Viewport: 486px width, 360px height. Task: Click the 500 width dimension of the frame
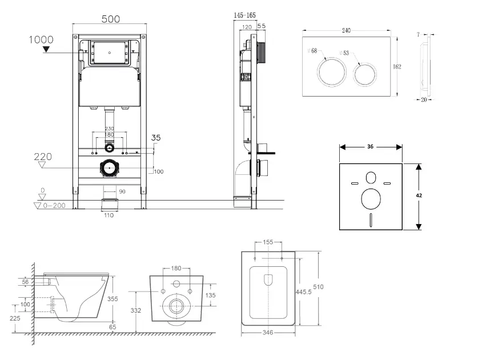(111, 19)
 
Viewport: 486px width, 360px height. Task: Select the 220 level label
(43, 155)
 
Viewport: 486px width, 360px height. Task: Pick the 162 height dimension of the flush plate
(397, 66)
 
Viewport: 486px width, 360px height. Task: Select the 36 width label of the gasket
(370, 147)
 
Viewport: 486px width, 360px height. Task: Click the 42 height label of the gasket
(420, 195)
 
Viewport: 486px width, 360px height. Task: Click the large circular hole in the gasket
(371, 199)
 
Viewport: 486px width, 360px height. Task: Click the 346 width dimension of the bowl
(267, 332)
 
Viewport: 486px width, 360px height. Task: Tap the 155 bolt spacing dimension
(268, 242)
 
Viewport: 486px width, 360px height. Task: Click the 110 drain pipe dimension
(109, 215)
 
